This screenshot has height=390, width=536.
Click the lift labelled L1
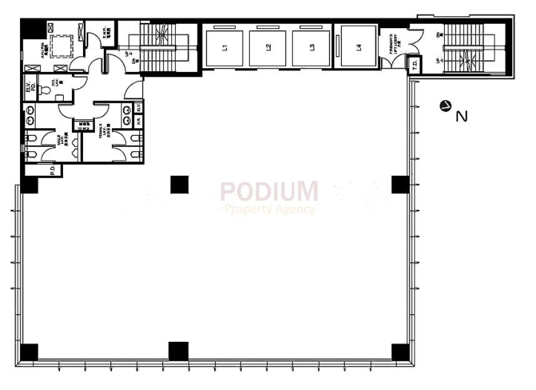pyautogui.click(x=225, y=47)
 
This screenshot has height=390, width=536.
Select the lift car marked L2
pyautogui.click(x=267, y=47)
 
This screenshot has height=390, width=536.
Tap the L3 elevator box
pyautogui.click(x=311, y=47)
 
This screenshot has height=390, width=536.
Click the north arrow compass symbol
pyautogui.click(x=445, y=106)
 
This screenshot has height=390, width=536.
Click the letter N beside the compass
pyautogui.click(x=462, y=116)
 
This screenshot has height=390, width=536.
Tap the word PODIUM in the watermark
pyautogui.click(x=269, y=191)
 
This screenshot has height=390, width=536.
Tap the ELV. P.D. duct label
pyautogui.click(x=29, y=88)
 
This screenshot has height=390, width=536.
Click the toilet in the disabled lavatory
pyautogui.click(x=44, y=90)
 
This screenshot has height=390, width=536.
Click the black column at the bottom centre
pyautogui.click(x=178, y=351)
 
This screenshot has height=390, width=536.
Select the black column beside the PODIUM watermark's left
pyautogui.click(x=179, y=185)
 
